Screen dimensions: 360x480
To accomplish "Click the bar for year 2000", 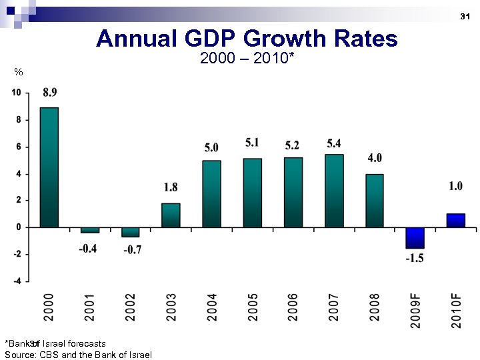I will coord(49,167).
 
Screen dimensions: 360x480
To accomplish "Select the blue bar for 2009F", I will coord(415,238).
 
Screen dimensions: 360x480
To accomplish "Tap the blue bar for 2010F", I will coord(455,221).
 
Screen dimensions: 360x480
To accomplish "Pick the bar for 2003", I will coord(171,215).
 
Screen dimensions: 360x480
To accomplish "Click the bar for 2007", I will coord(334,191).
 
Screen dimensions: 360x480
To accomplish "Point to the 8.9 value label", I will coord(49,93).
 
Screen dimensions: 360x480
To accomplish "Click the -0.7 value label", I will coord(131,249).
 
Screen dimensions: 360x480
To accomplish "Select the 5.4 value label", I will coord(334,143).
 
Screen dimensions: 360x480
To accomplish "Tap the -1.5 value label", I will coord(415,258).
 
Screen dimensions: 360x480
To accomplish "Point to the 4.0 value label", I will coord(375,158).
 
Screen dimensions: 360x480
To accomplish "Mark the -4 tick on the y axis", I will coord(16,281).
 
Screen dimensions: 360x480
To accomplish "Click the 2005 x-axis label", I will coord(253,307).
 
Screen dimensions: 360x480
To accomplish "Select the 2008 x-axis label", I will coord(375,307).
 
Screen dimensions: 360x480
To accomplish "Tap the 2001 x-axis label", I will coord(90,307).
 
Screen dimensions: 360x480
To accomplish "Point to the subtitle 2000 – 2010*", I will coord(247,59).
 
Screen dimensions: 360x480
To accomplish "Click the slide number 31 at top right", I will coord(465,15).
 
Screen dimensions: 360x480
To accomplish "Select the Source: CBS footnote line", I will coord(78,355).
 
